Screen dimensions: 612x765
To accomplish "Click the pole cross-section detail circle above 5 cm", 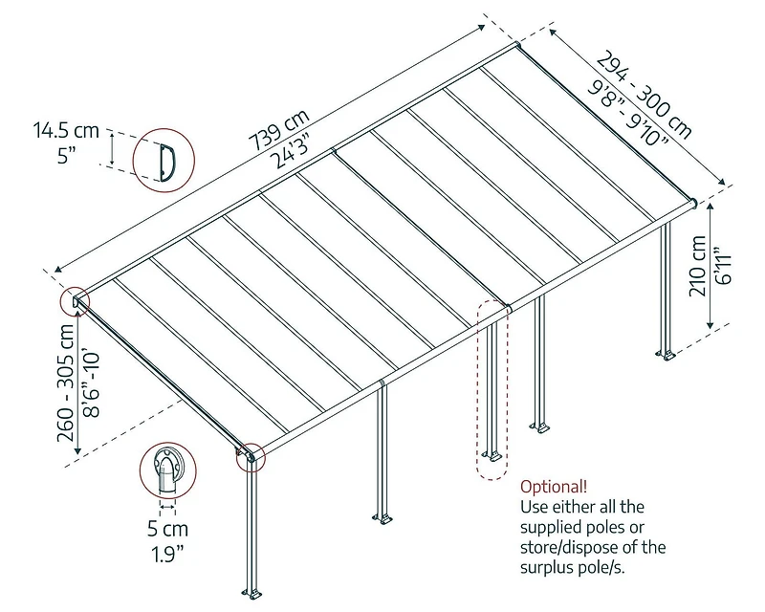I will point(167,470).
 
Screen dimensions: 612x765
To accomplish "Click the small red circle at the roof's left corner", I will point(75,302).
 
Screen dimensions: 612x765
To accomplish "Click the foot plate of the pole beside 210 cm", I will point(665,355).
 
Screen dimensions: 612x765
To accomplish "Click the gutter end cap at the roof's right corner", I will point(693,203).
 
